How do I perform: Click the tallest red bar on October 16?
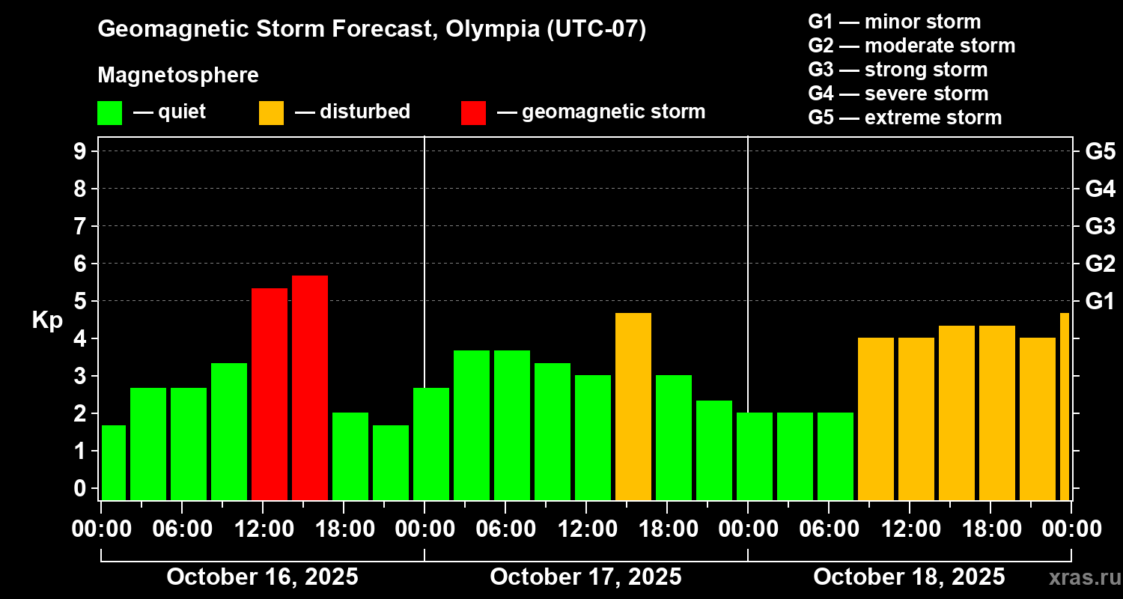click(309, 387)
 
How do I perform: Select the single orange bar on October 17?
click(633, 406)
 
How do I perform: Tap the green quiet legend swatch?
click(109, 112)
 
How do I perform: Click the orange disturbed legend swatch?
click(271, 112)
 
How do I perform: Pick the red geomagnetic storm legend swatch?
click(473, 112)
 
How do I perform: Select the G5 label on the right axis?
click(1100, 151)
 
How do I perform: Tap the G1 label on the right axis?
click(1100, 302)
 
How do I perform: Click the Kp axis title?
click(46, 320)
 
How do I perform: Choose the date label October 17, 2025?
click(585, 577)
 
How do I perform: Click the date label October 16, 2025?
click(262, 577)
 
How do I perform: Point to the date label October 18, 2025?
click(909, 577)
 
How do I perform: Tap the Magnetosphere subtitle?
click(178, 76)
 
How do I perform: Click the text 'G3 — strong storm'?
click(898, 70)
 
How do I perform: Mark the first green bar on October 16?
click(114, 462)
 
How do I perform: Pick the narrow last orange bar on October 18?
click(1065, 406)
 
